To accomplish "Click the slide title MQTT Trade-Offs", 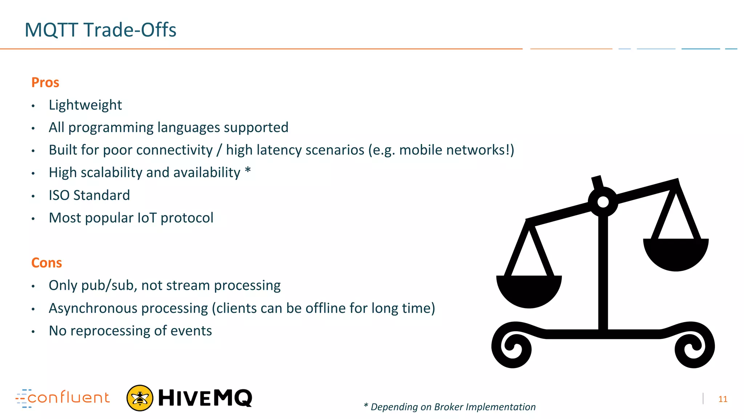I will point(100,30).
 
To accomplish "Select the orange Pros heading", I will point(45,83).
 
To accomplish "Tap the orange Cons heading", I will point(46,263).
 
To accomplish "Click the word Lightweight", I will point(85,105).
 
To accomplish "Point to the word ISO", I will point(60,195).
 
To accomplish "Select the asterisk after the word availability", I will point(248,170).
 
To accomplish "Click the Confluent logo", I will point(62,398).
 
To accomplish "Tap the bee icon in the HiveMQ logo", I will point(140,398).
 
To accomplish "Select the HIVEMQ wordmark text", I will point(205,398).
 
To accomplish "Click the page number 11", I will point(723,399).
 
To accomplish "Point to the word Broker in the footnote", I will point(449,407).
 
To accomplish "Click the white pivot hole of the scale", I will point(603,201).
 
